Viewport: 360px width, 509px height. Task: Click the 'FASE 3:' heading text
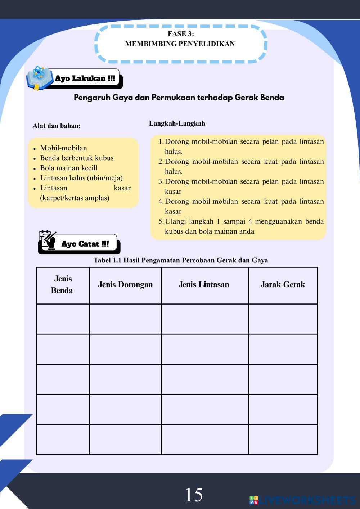pyautogui.click(x=181, y=34)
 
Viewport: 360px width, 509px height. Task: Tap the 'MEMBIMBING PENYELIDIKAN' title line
pyautogui.click(x=180, y=44)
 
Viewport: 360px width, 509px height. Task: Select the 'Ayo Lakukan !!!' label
pyautogui.click(x=85, y=78)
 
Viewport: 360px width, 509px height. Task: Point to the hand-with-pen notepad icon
pyautogui.click(x=48, y=240)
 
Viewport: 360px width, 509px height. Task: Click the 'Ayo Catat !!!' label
pyautogui.click(x=85, y=244)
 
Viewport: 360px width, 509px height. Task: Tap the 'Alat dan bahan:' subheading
pyautogui.click(x=57, y=126)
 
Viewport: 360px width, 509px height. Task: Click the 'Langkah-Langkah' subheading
pyautogui.click(x=177, y=123)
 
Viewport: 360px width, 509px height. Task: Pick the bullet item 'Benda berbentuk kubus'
pyautogui.click(x=77, y=158)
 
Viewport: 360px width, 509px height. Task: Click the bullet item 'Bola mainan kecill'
pyautogui.click(x=69, y=168)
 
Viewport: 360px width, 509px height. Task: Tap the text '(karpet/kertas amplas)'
pyautogui.click(x=75, y=198)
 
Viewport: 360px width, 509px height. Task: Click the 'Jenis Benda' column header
pyautogui.click(x=63, y=284)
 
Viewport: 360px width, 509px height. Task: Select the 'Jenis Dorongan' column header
pyautogui.click(x=125, y=285)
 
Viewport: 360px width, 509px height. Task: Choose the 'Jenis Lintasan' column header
pyautogui.click(x=204, y=285)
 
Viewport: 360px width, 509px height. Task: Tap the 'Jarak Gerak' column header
pyautogui.click(x=283, y=285)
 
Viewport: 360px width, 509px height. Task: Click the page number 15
pyautogui.click(x=194, y=495)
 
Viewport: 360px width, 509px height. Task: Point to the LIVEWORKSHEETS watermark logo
pyautogui.click(x=302, y=500)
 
